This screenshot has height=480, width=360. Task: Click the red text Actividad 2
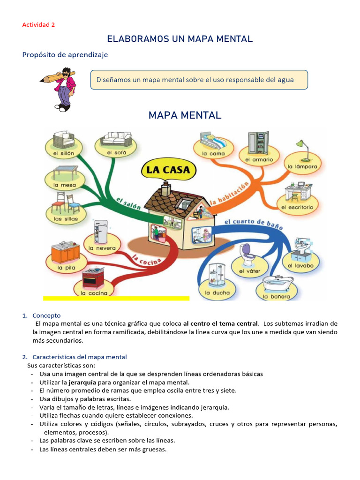click(38, 25)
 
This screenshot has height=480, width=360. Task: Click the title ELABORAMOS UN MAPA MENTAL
click(180, 39)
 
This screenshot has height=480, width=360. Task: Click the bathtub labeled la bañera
click(277, 283)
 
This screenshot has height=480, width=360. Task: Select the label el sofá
click(116, 152)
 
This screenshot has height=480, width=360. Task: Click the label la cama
click(213, 153)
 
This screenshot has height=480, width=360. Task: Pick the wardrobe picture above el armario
click(259, 142)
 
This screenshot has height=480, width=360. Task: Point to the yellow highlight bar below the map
click(116, 298)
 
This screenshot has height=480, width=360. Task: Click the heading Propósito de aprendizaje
click(65, 55)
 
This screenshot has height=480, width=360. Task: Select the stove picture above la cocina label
click(93, 278)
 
